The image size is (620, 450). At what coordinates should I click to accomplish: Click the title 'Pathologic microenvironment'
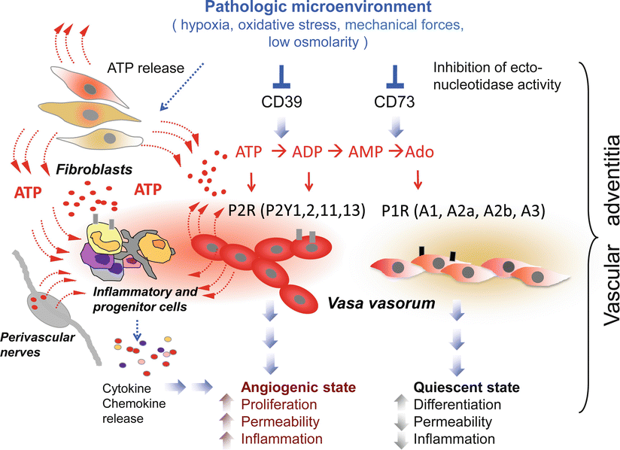(309, 8)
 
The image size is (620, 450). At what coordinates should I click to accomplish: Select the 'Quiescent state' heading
(457, 388)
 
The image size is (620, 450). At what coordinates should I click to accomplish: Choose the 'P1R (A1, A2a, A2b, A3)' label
(462, 211)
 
